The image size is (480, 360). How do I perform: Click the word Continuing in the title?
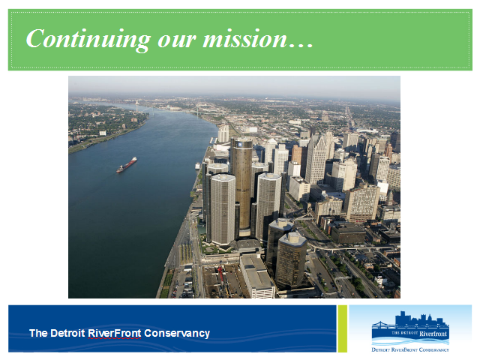tap(88, 40)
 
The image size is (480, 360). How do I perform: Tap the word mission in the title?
tap(245, 39)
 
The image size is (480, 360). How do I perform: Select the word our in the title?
tap(176, 41)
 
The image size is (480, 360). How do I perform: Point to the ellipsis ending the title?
tap(301, 46)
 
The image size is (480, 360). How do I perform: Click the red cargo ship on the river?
tap(127, 165)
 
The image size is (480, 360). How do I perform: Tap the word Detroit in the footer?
tap(67, 333)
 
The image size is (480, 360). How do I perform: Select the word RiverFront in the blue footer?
tap(115, 333)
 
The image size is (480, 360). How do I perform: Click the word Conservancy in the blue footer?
tap(177, 333)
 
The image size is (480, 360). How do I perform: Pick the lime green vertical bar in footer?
tap(343, 328)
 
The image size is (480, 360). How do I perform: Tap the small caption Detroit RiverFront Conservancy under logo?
tap(410, 349)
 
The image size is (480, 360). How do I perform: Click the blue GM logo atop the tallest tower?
tap(240, 143)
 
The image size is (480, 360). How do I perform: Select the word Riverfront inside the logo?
tap(433, 333)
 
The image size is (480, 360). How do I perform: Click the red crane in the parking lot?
tap(220, 274)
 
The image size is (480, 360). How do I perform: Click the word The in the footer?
tap(38, 333)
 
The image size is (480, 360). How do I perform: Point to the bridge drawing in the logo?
tap(383, 325)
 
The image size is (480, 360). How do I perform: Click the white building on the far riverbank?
tap(103, 133)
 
